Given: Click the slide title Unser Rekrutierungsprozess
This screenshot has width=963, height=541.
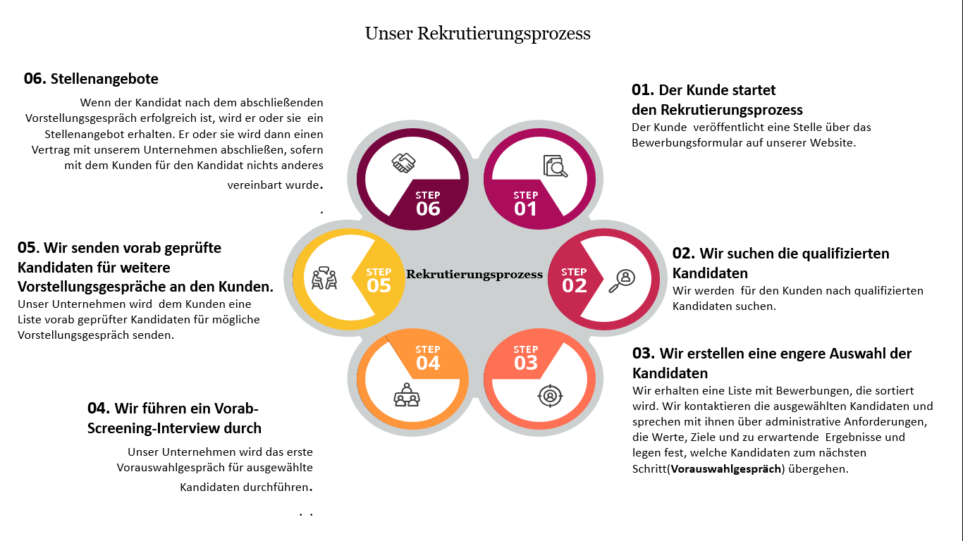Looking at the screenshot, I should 477,33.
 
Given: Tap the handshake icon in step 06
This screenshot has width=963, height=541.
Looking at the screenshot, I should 403,163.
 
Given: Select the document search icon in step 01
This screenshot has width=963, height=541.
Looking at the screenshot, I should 555,166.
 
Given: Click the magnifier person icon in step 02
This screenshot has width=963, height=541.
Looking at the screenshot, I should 622,279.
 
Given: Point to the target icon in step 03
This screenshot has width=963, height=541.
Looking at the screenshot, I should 549,395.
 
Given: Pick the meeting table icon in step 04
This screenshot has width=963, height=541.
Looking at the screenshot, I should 405,395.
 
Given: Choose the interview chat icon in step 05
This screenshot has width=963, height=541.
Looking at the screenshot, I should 324,278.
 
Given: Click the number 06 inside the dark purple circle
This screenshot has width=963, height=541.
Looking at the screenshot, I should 428,209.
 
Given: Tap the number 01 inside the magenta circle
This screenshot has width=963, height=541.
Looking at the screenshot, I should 525,209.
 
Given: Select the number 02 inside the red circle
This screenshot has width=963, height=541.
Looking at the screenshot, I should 574,285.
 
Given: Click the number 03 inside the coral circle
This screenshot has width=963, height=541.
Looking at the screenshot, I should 525,363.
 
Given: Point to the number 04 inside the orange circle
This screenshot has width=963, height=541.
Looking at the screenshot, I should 428,363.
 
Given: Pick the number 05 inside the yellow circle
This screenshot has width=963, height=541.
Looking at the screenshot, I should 379,285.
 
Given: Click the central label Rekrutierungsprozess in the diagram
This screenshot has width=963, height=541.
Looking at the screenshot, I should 474,274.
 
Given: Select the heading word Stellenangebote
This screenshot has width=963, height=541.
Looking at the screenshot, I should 104,79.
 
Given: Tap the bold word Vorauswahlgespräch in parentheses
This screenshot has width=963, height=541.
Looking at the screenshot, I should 726,468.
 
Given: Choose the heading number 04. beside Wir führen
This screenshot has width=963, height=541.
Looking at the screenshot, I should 99,408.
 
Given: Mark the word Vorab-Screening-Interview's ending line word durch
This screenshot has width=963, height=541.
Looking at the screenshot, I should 244,428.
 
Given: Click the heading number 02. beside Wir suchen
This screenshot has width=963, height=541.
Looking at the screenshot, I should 684,254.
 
